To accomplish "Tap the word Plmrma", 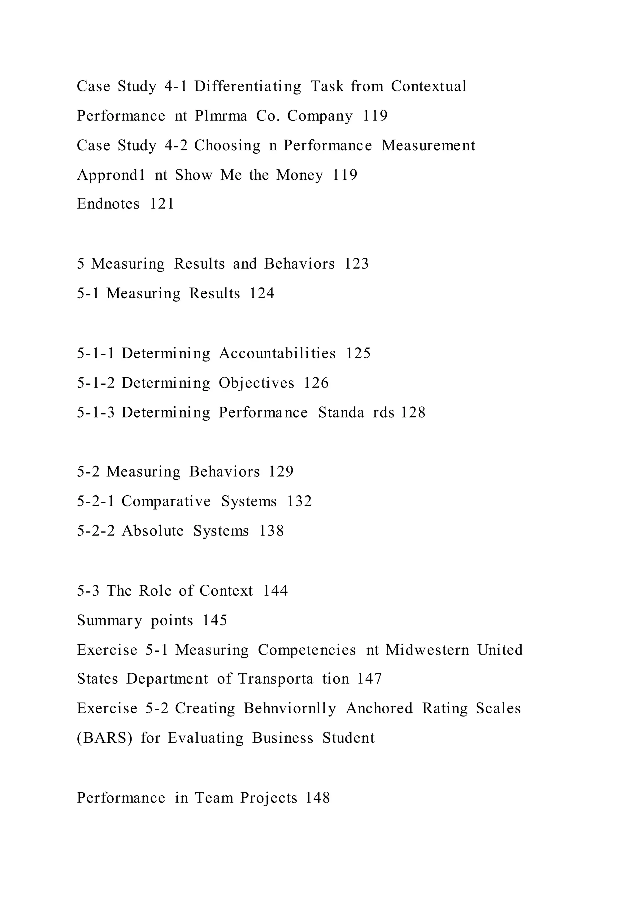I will click(221, 116).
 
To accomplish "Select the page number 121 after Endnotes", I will click(162, 204).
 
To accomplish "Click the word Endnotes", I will click(108, 204).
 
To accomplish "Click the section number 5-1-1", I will click(96, 353).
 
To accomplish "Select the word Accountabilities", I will click(277, 353).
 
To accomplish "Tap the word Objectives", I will click(257, 383).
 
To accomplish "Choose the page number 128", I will click(413, 413).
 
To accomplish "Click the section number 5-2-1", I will click(96, 501).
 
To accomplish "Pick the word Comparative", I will click(166, 501).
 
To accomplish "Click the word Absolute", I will click(153, 531).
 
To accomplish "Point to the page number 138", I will click(272, 531).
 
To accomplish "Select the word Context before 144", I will click(226, 591).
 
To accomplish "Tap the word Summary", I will click(109, 620).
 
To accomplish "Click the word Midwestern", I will click(427, 650).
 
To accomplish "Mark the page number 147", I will click(369, 679).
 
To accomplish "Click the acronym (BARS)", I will click(105, 738).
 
